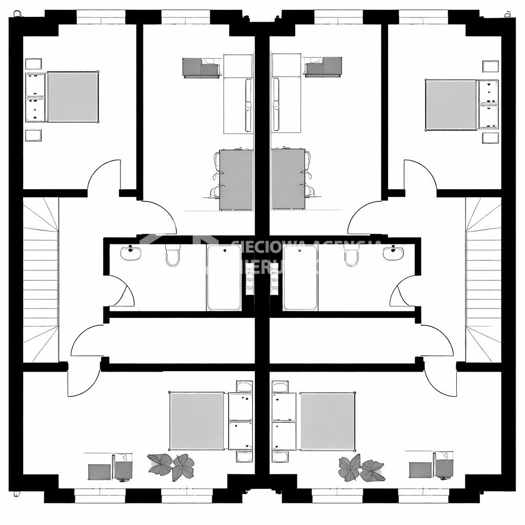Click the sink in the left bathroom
tap(131, 253)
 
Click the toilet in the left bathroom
tap(173, 255)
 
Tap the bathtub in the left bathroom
tap(224, 277)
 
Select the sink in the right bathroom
tap(393, 253)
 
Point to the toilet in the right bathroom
tap(352, 255)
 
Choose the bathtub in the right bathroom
tap(300, 277)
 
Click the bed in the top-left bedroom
tap(72, 97)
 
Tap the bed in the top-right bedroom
tap(451, 105)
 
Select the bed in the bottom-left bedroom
tap(197, 420)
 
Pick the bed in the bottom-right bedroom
tap(328, 421)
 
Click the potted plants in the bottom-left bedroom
tap(171, 466)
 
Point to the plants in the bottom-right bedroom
tap(361, 469)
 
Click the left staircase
tap(41, 279)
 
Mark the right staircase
tap(483, 279)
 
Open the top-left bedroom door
tap(104, 176)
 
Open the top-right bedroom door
tap(420, 176)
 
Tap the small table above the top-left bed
tap(33, 64)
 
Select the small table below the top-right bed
tap(490, 137)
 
